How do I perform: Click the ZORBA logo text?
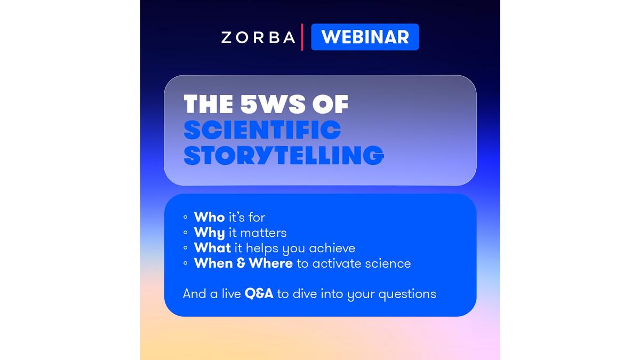[x=258, y=37]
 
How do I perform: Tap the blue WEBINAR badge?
[x=365, y=37]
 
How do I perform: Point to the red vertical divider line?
[x=302, y=37]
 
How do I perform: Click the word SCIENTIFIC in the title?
[x=262, y=130]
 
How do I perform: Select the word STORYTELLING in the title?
[x=284, y=155]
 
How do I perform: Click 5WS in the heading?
[x=273, y=105]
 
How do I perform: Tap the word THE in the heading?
[x=209, y=105]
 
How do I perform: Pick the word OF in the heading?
[x=330, y=105]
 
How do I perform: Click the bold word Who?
[x=209, y=217]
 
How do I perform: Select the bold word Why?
[x=209, y=233]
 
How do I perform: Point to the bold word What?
[x=212, y=247]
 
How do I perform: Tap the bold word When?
[x=213, y=263]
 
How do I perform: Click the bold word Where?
[x=270, y=263]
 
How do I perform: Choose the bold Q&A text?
[x=259, y=294]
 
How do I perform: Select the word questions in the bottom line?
[x=407, y=294]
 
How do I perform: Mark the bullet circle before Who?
[x=186, y=217]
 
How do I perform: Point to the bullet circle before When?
[x=186, y=263]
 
